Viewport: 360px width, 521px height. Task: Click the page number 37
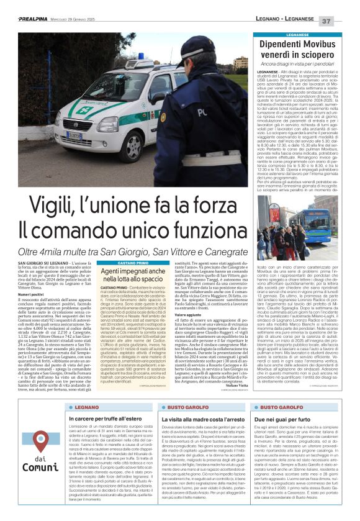[x=344, y=20]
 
